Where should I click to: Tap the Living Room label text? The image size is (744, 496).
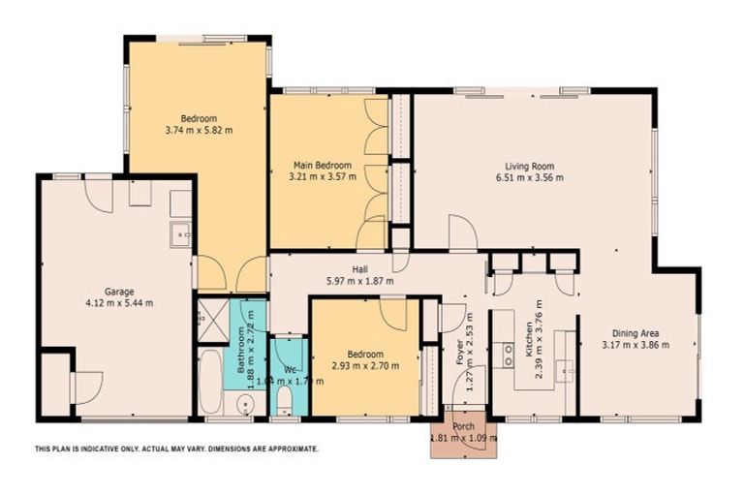tap(528, 165)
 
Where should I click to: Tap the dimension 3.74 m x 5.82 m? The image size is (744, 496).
tap(199, 128)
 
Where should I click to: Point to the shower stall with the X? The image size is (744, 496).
tap(210, 313)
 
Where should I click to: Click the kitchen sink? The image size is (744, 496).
tap(570, 369)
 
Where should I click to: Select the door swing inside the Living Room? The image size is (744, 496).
tap(462, 231)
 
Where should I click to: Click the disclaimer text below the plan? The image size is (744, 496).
tap(176, 449)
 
